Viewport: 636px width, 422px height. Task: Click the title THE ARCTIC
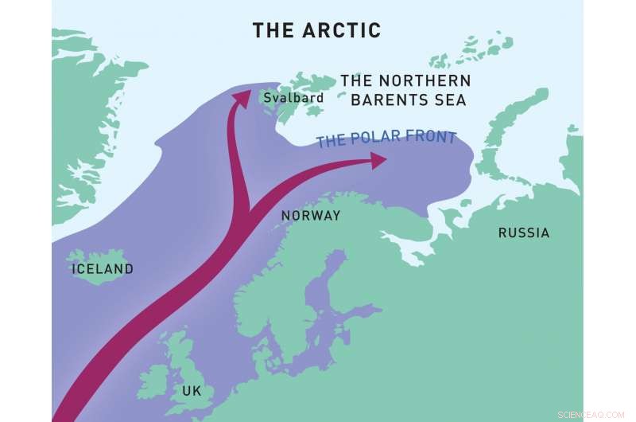pos(316,31)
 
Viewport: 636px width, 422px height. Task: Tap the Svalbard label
pos(294,98)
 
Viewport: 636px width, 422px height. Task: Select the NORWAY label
pos(311,216)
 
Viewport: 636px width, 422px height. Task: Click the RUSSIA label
pos(523,233)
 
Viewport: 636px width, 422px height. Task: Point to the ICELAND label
pos(103,269)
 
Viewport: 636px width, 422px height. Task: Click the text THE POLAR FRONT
pos(386,139)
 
